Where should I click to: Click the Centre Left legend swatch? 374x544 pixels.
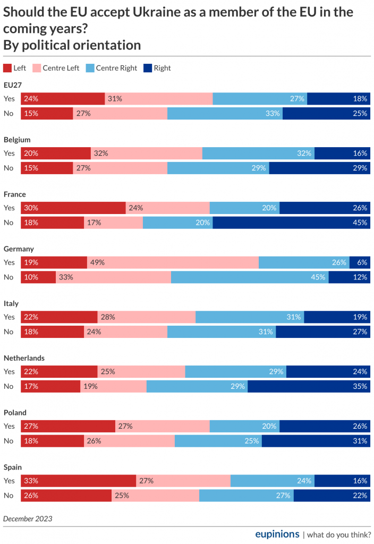pyautogui.click(x=37, y=68)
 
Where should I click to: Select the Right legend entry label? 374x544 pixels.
pyautogui.click(x=162, y=68)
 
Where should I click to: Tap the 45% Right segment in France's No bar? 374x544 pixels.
pyautogui.click(x=291, y=223)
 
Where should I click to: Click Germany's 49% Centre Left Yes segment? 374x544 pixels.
pyautogui.click(x=173, y=262)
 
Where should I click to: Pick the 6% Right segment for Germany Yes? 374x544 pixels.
pyautogui.click(x=359, y=262)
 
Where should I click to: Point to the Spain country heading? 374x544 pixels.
pyautogui.click(x=13, y=467)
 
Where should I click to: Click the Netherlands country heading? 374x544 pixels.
pyautogui.click(x=24, y=358)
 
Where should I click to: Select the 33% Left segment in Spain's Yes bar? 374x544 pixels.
pyautogui.click(x=79, y=481)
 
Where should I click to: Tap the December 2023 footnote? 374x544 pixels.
pyautogui.click(x=28, y=518)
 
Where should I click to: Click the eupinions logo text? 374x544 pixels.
pyautogui.click(x=276, y=534)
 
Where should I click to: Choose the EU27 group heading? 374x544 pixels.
pyautogui.click(x=12, y=84)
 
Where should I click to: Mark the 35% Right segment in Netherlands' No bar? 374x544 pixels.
pyautogui.click(x=308, y=386)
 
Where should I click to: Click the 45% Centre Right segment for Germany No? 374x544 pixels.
pyautogui.click(x=250, y=277)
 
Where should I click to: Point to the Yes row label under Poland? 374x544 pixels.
pyautogui.click(x=9, y=426)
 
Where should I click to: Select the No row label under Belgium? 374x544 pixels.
pyautogui.click(x=8, y=168)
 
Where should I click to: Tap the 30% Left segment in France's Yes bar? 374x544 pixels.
pyautogui.click(x=73, y=208)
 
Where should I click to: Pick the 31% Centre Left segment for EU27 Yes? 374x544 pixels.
pyautogui.click(x=159, y=98)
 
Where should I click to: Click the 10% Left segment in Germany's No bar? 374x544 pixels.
pyautogui.click(x=38, y=277)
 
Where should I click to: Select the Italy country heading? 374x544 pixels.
pyautogui.click(x=11, y=303)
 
